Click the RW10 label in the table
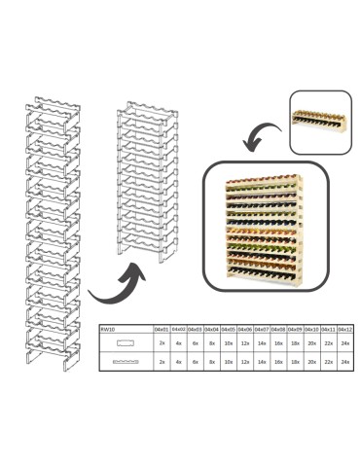pos(108,330)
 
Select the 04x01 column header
pos(162,330)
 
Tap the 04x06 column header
pos(244,330)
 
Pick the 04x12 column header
pos(343,330)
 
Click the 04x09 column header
pos(294,330)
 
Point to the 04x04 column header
pos(211,330)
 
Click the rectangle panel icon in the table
pos(126,344)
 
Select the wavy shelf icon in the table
pos(126,361)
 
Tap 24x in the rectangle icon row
pos(343,344)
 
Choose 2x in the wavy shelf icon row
pos(162,361)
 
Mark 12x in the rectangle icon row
pos(244,344)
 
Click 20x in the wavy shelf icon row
pos(310,361)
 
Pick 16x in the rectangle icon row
pos(277,344)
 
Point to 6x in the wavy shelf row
pos(195,361)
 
